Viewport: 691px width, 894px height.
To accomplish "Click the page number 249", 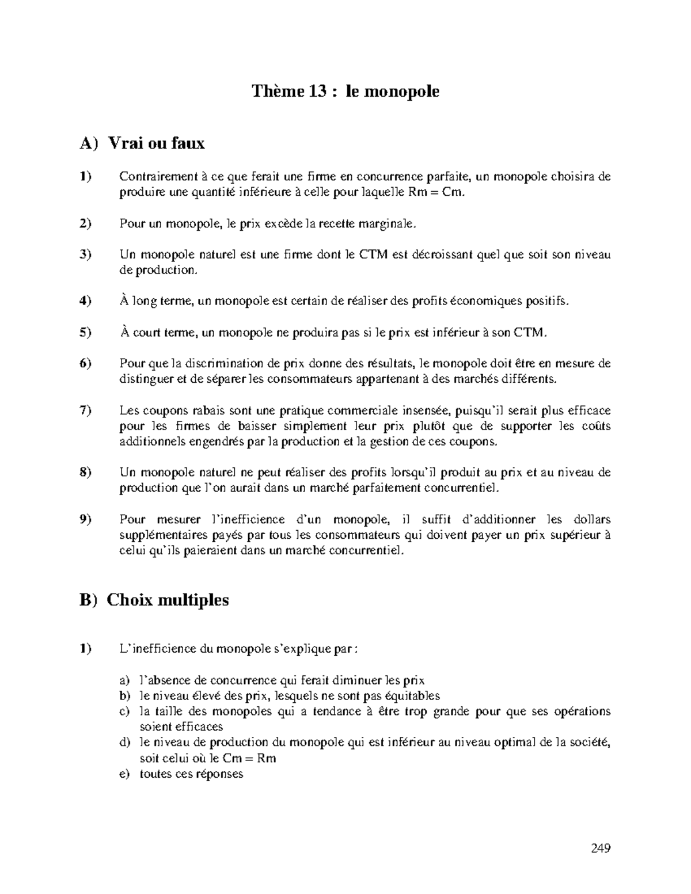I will point(600,848).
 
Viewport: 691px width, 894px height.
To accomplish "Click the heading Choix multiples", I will point(168,600).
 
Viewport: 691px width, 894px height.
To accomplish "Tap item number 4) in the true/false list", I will point(85,301).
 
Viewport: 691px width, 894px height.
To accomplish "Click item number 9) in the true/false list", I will point(85,520).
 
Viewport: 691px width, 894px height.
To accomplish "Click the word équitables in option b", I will point(408,696).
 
